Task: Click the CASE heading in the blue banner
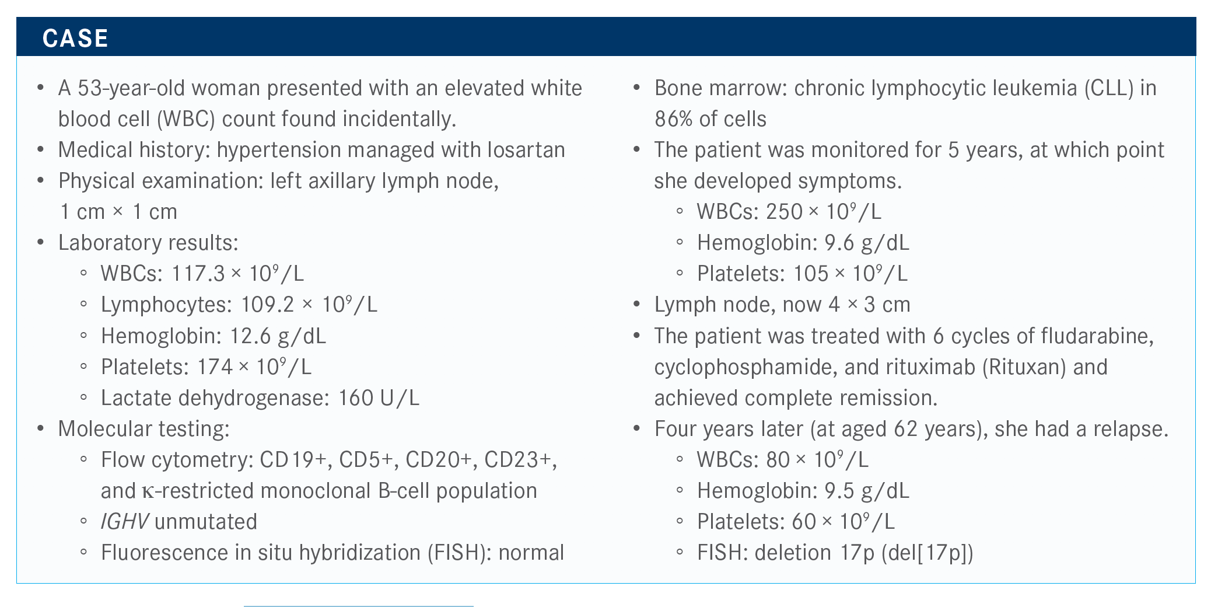[x=75, y=39]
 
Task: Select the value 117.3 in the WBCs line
[x=197, y=274]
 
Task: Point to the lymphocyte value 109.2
[x=267, y=305]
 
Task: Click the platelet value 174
[x=215, y=367]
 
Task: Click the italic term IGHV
[x=125, y=522]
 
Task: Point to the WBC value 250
[x=785, y=212]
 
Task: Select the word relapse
[x=1128, y=429]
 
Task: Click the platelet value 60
[x=804, y=522]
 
